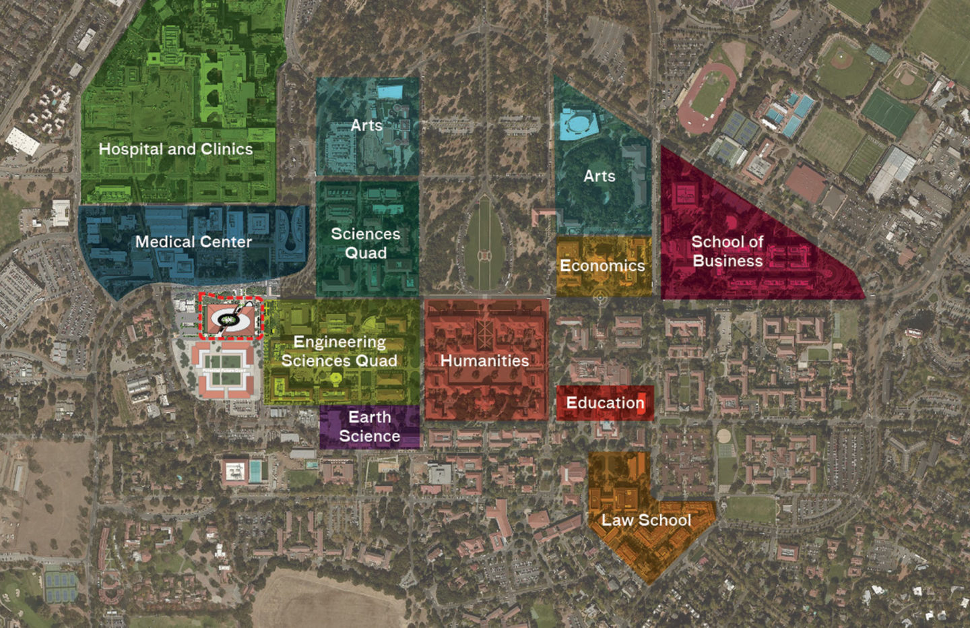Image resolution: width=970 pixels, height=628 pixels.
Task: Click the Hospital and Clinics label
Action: (176, 149)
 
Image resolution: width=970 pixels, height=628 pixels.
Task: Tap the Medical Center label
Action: (193, 241)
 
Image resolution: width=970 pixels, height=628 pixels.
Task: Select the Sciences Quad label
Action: (366, 243)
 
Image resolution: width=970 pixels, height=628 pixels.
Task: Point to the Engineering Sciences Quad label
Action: (339, 351)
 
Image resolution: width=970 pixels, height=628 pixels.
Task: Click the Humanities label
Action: (484, 360)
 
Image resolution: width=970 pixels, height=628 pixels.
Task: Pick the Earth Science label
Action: (369, 427)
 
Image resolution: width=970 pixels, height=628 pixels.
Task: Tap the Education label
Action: (605, 403)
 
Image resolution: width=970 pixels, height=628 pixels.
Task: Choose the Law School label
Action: (646, 520)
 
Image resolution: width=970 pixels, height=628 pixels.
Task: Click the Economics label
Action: (602, 265)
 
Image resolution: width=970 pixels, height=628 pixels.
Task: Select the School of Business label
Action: (727, 251)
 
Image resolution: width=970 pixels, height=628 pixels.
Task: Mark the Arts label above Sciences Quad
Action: (366, 125)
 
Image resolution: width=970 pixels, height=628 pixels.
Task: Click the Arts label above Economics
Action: (600, 176)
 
